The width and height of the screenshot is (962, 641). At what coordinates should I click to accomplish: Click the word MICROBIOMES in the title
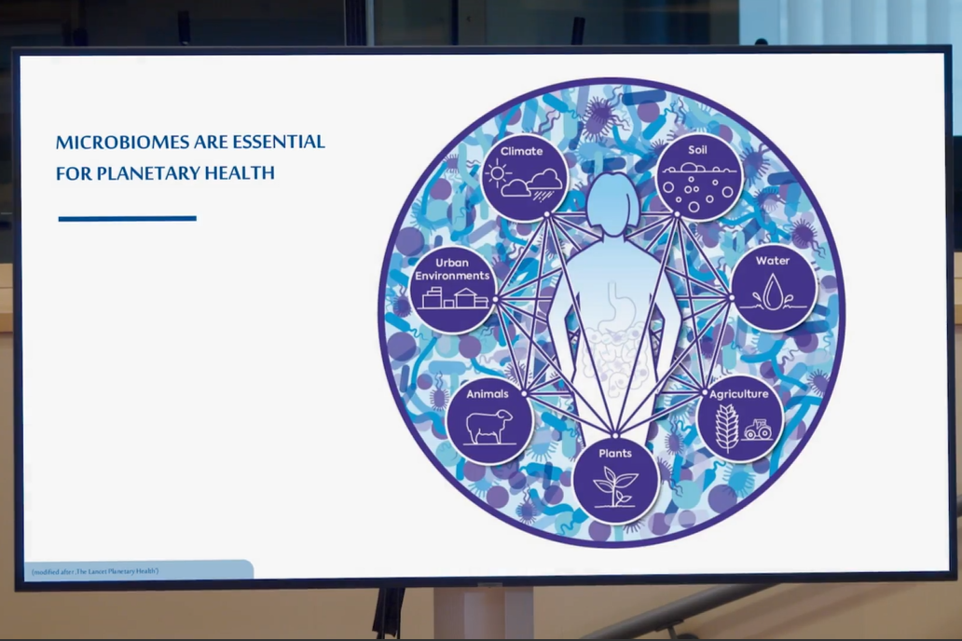coord(122,143)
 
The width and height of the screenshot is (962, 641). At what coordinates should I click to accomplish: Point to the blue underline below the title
coord(128,218)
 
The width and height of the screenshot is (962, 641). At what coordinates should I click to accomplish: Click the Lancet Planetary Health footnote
coord(95,572)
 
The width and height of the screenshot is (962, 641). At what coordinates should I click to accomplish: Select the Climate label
coord(521,151)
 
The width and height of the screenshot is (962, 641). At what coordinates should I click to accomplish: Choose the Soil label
coord(697,150)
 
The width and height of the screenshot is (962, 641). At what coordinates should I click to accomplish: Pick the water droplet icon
coord(773,291)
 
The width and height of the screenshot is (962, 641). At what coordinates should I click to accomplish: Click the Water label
coord(773,261)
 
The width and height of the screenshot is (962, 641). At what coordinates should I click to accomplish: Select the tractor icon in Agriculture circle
coord(758,430)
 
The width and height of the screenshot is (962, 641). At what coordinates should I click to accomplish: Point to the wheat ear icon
coord(727,428)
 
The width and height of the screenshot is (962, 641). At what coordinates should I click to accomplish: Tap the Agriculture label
coord(738,394)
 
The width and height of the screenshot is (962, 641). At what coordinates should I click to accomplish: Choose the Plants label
coord(614,454)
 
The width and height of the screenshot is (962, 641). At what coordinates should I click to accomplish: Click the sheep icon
coord(489,426)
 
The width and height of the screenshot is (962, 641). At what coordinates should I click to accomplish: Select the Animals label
coord(488,394)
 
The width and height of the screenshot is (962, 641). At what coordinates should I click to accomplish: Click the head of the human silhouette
coord(612,202)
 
